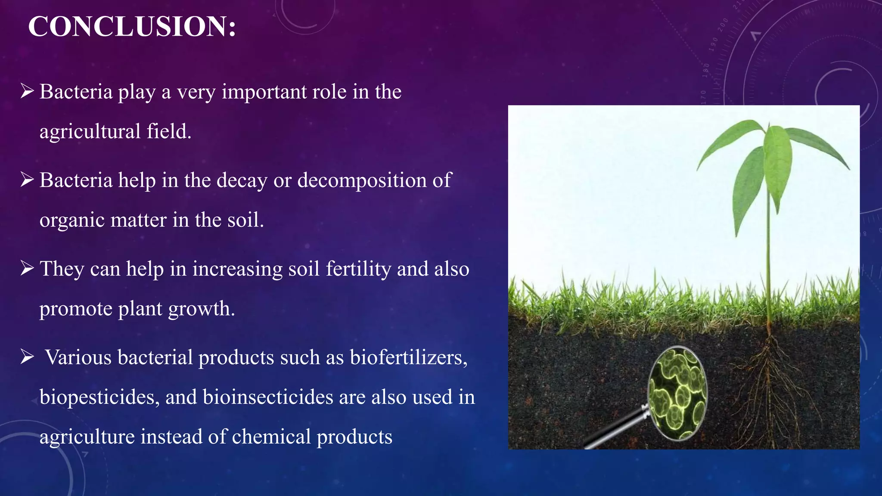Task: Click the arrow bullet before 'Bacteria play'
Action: tap(27, 91)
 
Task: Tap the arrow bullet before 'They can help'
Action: tap(27, 269)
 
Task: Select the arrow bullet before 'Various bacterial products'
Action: tap(27, 357)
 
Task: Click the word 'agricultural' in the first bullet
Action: tap(90, 132)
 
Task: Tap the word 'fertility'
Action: tap(358, 269)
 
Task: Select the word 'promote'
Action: tap(75, 309)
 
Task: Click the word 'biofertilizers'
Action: tap(408, 357)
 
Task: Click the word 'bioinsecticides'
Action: tap(268, 397)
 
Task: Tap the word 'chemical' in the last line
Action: tap(271, 437)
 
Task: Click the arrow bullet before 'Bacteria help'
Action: tap(27, 180)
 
